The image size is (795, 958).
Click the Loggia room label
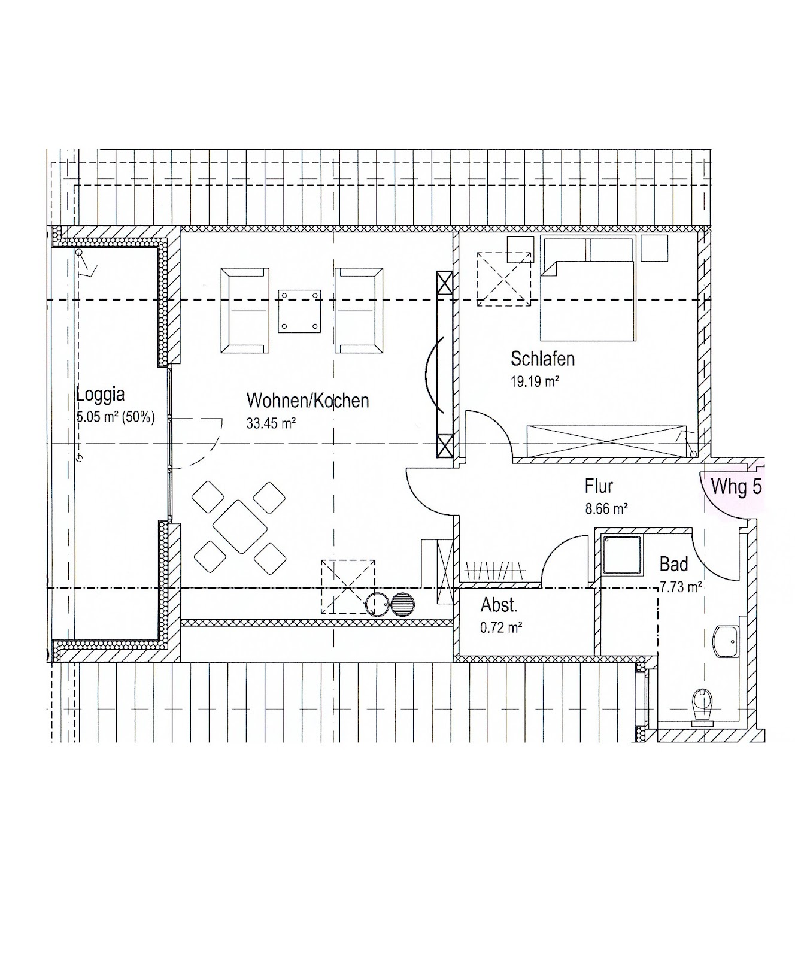tap(101, 395)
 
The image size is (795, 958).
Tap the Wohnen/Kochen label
tap(308, 401)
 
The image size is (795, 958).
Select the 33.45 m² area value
tap(271, 423)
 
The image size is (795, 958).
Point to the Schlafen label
tap(542, 359)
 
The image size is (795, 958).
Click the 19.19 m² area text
tap(535, 381)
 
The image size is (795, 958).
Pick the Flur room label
tap(599, 486)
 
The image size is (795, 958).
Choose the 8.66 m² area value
tap(606, 510)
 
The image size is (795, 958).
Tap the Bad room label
tap(673, 564)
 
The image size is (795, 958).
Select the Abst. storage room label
tap(499, 605)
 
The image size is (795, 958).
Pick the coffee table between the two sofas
tap(299, 311)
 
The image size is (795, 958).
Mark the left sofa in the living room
tap(244, 311)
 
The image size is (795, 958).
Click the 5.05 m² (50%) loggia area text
tap(116, 417)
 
